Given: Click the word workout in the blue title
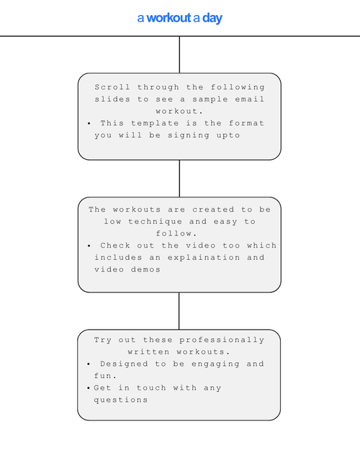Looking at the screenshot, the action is tap(168, 18).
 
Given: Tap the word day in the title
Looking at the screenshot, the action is tap(212, 19).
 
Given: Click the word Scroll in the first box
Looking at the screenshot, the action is tap(112, 87).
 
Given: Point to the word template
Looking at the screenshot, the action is tap(155, 123).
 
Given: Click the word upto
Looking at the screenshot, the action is tap(228, 135).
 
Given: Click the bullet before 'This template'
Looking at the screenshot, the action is tap(89, 124).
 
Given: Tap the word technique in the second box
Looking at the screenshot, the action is tap(155, 222).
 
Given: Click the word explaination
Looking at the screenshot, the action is tap(204, 258).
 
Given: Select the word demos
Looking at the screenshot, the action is tap(145, 269).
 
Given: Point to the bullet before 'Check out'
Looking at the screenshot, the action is tap(89, 246).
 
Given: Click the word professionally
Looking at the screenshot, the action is tap(222, 341).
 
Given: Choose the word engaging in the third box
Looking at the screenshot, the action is tap(215, 364).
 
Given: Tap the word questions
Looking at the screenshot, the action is tap(120, 400).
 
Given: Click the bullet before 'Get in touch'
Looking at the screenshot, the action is tap(89, 388).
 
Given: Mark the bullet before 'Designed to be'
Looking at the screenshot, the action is tap(89, 364).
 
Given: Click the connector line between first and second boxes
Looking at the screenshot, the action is tap(179, 179).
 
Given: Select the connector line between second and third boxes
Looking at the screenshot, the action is tap(179, 311).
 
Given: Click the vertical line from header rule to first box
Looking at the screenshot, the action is tap(179, 55).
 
